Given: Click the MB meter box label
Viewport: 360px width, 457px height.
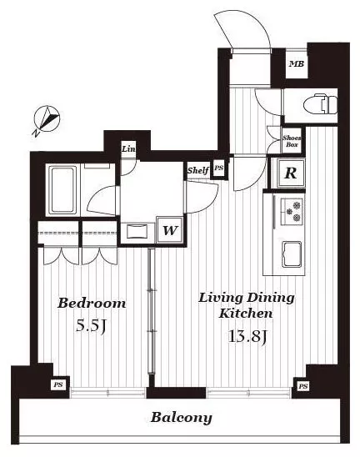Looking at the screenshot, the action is coord(297,64).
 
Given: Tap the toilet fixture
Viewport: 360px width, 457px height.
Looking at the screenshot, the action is coord(320,104).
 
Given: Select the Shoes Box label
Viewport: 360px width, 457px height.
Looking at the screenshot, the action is coord(292,141).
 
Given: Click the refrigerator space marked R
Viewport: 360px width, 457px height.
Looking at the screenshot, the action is coord(290,173).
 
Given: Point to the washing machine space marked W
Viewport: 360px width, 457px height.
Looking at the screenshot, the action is coord(170,230).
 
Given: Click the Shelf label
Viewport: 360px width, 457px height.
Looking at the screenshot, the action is coord(197,170).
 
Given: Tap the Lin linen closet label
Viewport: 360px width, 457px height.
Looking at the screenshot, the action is coord(128,149).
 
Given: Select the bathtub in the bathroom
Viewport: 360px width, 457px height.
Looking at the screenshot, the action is coord(62,190).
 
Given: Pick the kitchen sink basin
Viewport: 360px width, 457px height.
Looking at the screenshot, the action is coord(292,254).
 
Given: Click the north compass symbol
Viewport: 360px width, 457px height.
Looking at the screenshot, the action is coord(46,120).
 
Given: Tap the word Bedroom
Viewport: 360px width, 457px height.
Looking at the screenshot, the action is coord(92,303).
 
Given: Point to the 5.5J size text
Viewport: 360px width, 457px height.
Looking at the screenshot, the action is coord(90,325).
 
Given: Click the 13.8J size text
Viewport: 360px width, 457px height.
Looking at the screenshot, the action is coord(247,337).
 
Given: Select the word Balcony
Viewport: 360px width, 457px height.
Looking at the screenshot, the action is coord(181,418).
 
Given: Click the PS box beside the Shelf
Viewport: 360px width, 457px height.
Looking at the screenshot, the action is coord(218,168).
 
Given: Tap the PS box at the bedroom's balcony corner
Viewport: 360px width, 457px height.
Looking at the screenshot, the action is coord(58,384).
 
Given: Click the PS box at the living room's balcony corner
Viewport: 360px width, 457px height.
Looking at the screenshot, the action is coord(302,386).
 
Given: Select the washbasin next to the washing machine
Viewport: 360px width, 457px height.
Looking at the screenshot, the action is coord(137,232).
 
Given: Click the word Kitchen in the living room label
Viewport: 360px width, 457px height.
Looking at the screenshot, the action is coord(246,314).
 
